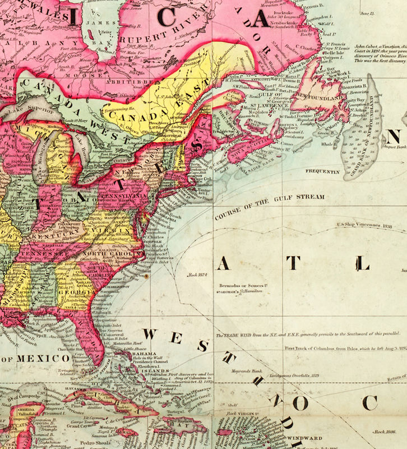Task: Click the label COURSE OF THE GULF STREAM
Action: pos(270,205)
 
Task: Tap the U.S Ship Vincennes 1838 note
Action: pos(363,227)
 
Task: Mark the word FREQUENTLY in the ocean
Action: pos(322,171)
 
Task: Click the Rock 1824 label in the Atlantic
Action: pos(199,276)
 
